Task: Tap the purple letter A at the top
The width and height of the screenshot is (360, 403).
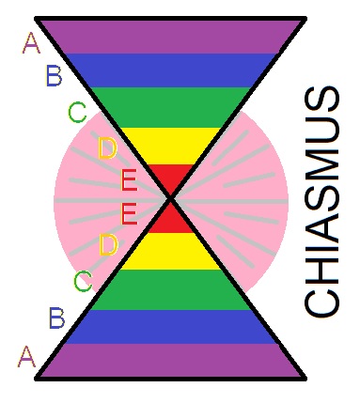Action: (31, 42)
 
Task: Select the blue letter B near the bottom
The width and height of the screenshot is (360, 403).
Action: (56, 318)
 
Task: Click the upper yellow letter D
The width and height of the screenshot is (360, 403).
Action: (107, 148)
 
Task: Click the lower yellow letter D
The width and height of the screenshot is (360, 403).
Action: (108, 246)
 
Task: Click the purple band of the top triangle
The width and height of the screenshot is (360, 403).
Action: (170, 36)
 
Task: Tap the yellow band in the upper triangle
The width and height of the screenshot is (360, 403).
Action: (170, 144)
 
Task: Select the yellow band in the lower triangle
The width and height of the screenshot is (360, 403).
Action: (170, 251)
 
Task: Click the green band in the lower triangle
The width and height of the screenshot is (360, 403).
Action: (170, 289)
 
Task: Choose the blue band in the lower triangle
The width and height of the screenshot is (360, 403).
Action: (170, 325)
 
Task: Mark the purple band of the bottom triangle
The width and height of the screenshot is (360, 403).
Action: (170, 361)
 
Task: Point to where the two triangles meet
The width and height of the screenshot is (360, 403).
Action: (170, 198)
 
